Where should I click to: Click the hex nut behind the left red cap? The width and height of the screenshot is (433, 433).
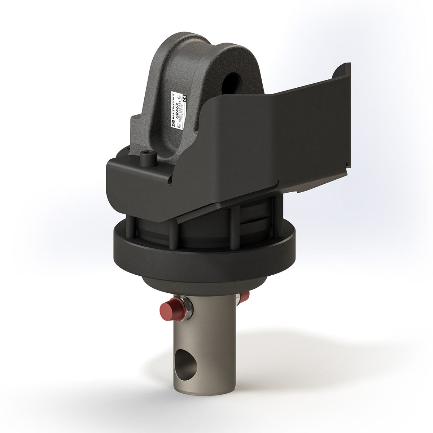point(187,308)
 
